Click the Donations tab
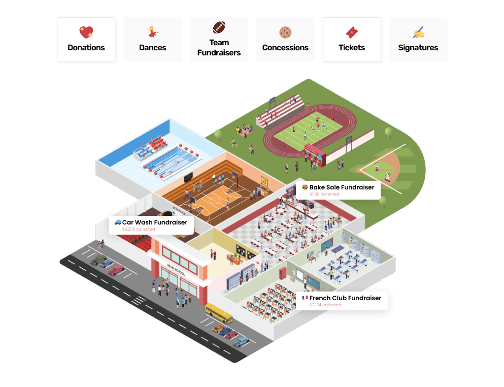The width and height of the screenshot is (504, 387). [86, 40]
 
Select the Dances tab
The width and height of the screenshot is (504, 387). [153, 40]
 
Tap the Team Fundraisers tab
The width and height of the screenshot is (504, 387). [219, 40]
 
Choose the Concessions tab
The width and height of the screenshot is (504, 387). [285, 40]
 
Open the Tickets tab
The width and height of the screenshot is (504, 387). [352, 40]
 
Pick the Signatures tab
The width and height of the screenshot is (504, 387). [418, 40]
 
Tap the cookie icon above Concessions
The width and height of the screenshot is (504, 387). [285, 33]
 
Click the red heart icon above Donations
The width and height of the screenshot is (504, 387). [86, 33]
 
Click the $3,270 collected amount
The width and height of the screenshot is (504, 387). [139, 230]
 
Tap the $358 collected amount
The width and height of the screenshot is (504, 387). [324, 195]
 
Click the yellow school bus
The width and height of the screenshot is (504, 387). [218, 313]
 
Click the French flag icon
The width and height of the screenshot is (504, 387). [305, 298]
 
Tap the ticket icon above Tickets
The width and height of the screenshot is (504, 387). [352, 33]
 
